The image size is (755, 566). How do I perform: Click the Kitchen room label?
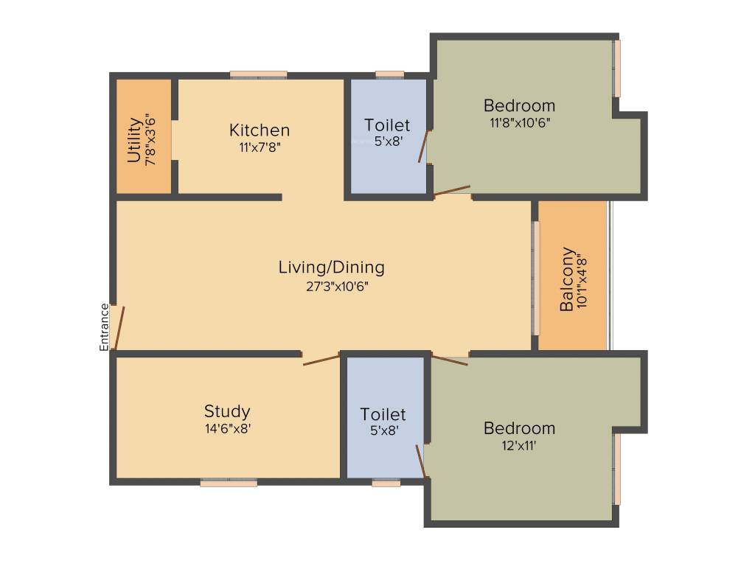click(260, 130)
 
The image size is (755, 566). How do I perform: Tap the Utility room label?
click(134, 140)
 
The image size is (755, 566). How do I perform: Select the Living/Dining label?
click(331, 267)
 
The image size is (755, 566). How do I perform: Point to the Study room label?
click(227, 411)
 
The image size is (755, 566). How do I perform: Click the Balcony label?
click(567, 279)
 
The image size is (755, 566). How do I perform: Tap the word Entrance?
click(104, 326)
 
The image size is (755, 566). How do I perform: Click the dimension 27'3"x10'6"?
click(337, 287)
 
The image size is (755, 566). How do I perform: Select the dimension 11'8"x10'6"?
click(520, 123)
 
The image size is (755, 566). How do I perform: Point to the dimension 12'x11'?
click(520, 445)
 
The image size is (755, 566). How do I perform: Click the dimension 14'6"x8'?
click(228, 429)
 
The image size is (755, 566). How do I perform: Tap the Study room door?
click(321, 360)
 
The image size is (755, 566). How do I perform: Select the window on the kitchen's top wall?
click(258, 74)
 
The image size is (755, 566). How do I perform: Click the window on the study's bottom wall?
click(229, 483)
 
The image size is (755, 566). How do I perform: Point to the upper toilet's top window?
click(389, 74)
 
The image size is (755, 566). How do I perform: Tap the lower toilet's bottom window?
click(386, 483)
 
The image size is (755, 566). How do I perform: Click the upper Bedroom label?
click(519, 105)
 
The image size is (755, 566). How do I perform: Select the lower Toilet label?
click(383, 414)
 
